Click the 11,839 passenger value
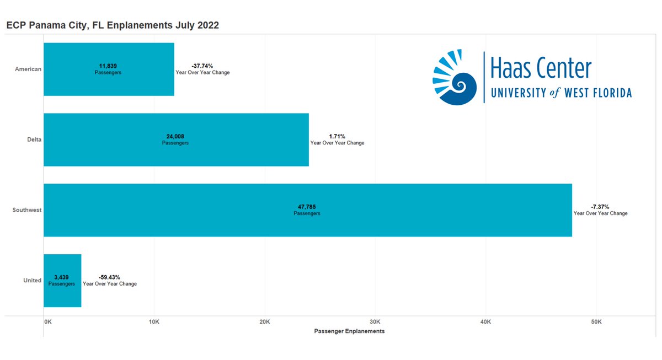click(x=109, y=66)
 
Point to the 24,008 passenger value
click(x=175, y=136)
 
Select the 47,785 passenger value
click(x=307, y=207)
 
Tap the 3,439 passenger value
click(x=61, y=277)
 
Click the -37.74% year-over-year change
click(x=202, y=66)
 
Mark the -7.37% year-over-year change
click(x=601, y=207)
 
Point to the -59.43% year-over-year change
click(x=109, y=277)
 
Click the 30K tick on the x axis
click(x=375, y=321)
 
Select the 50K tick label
click(x=596, y=321)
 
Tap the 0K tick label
click(x=47, y=321)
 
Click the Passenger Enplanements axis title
click(x=349, y=331)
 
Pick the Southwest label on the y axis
click(x=27, y=210)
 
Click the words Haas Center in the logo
click(x=541, y=69)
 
